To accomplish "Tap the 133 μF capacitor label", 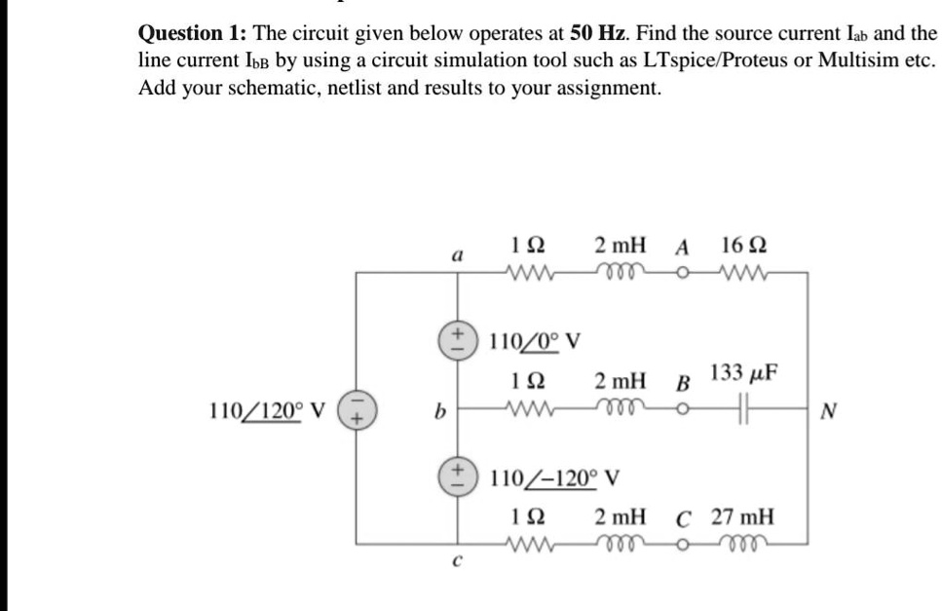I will pyautogui.click(x=743, y=372).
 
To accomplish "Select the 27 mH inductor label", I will pyautogui.click(x=742, y=516).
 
